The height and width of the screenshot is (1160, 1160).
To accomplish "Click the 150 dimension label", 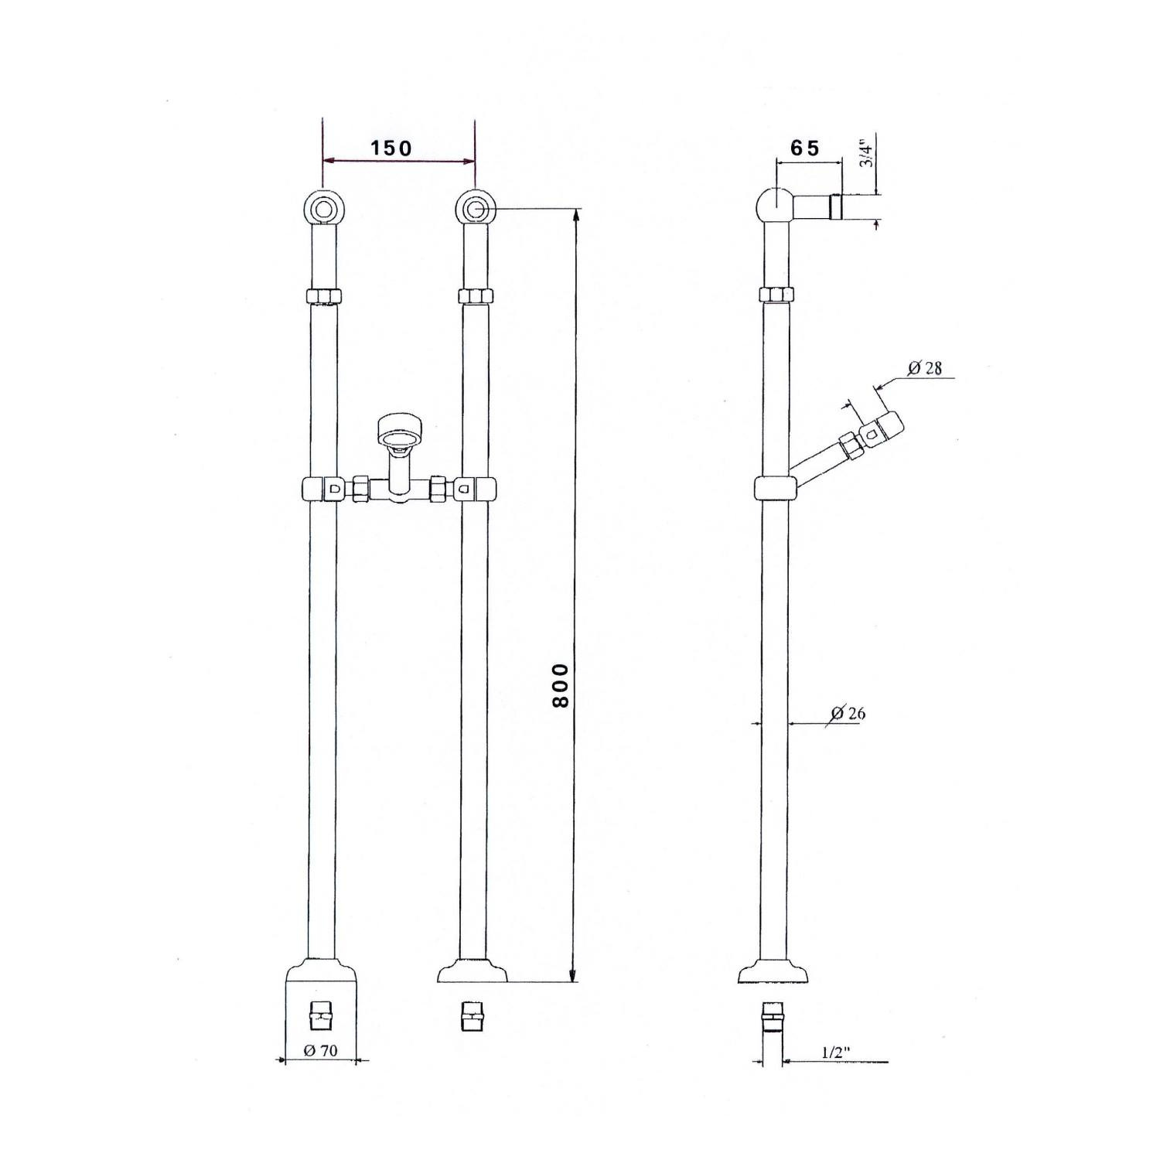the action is [391, 148].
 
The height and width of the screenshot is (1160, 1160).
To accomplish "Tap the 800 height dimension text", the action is [561, 684].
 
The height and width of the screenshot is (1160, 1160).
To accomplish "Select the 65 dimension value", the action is [805, 148].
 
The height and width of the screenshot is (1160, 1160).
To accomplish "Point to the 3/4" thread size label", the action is [867, 155].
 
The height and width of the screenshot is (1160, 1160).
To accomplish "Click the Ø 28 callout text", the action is [925, 368].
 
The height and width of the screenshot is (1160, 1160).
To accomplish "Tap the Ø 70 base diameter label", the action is [321, 1051].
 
